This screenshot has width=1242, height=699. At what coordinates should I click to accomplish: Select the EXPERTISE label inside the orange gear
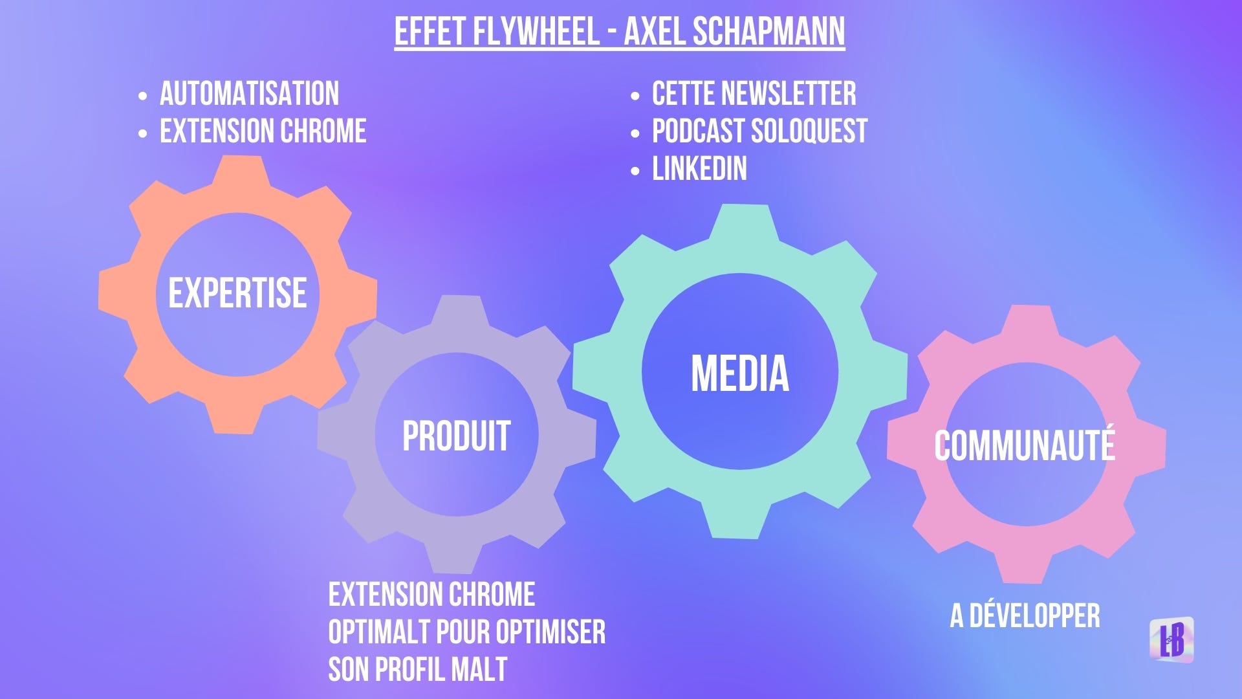[x=237, y=293]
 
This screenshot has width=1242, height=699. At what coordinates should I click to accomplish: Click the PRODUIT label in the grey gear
[x=457, y=436]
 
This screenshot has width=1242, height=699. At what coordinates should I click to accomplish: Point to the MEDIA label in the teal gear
[x=740, y=373]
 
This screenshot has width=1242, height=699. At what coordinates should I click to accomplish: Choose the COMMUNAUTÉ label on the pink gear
[x=1025, y=445]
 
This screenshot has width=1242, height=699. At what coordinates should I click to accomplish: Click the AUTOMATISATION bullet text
[x=249, y=94]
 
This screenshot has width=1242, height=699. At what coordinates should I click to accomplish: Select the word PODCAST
[x=698, y=131]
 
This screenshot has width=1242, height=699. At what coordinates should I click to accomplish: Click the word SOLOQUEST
[x=809, y=131]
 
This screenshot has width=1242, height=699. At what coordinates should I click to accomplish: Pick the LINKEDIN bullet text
[x=699, y=169]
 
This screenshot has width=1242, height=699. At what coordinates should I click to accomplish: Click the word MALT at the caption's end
[x=479, y=670]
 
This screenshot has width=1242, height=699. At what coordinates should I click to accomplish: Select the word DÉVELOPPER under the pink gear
[x=1034, y=616]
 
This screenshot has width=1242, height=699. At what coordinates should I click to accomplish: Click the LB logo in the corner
[x=1171, y=639]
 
